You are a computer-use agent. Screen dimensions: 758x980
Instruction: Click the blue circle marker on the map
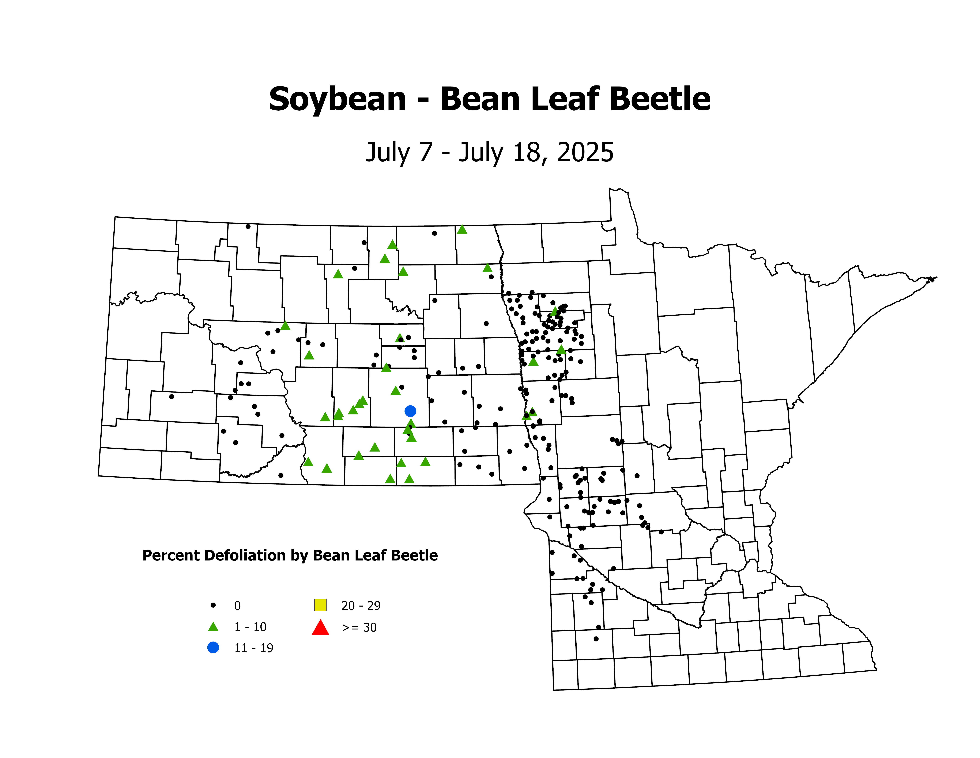coord(410,411)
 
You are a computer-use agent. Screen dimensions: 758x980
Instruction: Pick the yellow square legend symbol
coord(320,605)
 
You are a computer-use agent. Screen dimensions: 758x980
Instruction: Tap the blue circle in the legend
coord(213,648)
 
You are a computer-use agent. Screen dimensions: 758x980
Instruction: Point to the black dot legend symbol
coord(213,605)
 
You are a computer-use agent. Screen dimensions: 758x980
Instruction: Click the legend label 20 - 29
coord(361,606)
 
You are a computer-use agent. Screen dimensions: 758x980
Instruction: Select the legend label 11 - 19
coord(253,648)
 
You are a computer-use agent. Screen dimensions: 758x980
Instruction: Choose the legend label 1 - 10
coord(250,627)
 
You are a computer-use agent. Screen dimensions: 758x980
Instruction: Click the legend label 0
coord(237,606)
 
